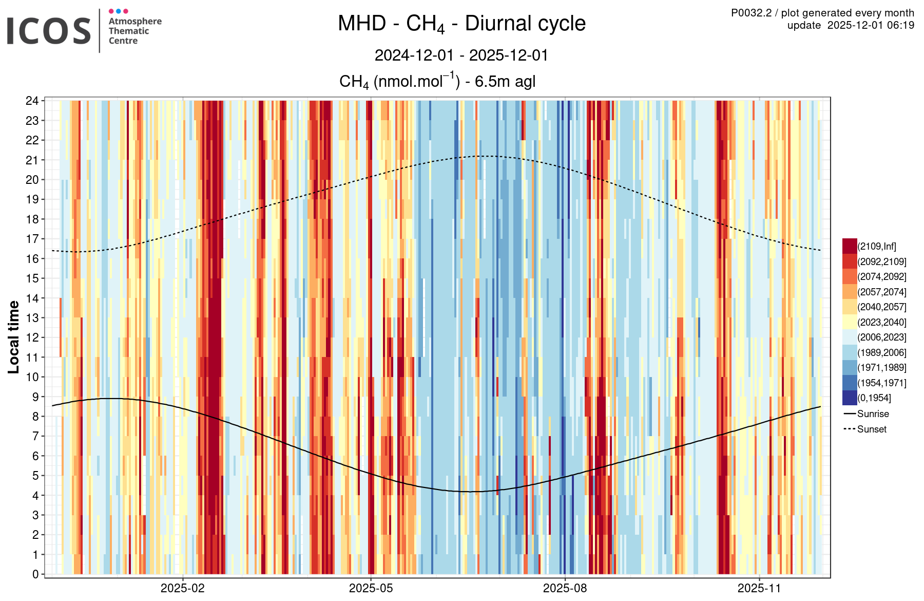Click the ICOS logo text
[x=49, y=31]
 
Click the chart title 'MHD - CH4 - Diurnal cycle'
[x=461, y=24]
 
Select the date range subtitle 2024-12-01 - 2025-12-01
[x=461, y=55]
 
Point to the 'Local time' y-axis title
[x=14, y=337]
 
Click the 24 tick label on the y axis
[x=32, y=101]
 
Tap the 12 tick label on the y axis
[x=32, y=337]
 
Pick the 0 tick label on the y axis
[x=35, y=574]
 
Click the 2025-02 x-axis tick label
[x=182, y=589]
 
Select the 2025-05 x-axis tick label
[x=371, y=589]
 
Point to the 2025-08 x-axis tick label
[x=565, y=589]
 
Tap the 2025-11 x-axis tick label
[x=759, y=589]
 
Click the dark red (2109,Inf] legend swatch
[x=850, y=246]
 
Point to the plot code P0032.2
[x=751, y=13]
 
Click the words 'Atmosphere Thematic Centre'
[x=134, y=31]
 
